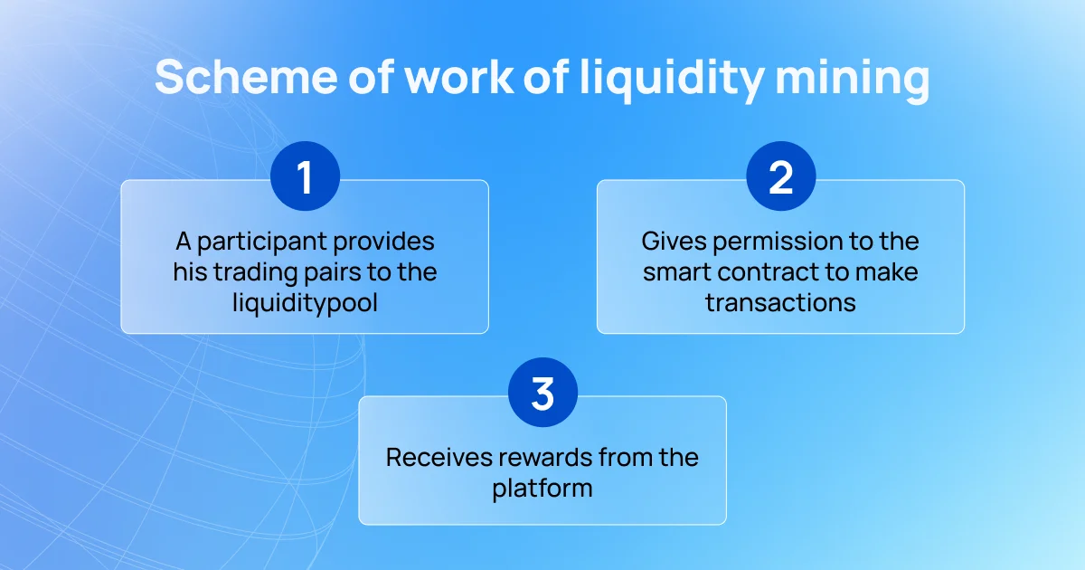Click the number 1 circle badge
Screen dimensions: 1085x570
pos(306,176)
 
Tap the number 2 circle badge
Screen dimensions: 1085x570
pos(781,176)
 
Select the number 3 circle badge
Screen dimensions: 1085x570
pos(543,392)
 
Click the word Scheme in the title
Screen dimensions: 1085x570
pos(246,77)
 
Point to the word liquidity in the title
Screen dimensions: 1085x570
pos(672,80)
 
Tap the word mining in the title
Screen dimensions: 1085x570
pos(853,80)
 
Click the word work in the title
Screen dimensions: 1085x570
pos(459,77)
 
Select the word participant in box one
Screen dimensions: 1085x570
pos(263,242)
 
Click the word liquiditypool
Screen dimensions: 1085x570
pos(306,304)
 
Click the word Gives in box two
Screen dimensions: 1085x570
pos(674,241)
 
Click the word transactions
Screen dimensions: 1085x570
pos(781,303)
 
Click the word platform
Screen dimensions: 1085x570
pos(542,489)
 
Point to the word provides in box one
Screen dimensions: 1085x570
pos(384,242)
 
